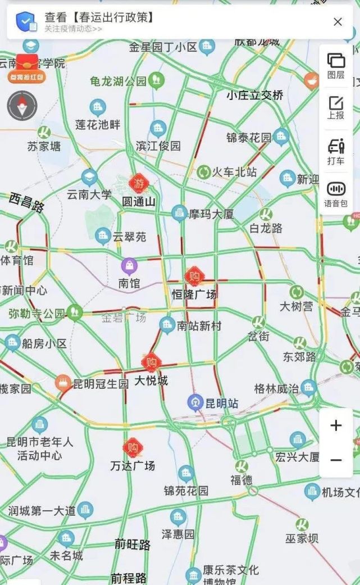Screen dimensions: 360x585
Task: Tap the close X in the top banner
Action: (338, 22)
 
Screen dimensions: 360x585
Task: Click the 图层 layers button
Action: (336, 65)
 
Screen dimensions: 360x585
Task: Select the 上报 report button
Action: (336, 107)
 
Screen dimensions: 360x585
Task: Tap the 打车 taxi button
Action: (336, 151)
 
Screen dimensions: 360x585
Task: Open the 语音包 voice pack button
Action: (336, 193)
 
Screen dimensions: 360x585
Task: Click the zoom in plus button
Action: (336, 425)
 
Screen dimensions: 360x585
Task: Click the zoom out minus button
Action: (336, 460)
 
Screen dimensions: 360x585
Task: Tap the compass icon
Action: (22, 105)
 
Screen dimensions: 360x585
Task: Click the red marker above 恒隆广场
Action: (194, 276)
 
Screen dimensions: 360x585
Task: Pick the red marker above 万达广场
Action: (133, 448)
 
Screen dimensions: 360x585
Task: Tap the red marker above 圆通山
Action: (138, 183)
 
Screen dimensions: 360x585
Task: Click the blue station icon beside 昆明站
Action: (195, 402)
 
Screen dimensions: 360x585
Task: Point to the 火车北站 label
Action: (234, 172)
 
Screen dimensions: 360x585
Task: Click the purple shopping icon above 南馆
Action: (130, 266)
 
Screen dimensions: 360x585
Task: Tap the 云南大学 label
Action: (89, 194)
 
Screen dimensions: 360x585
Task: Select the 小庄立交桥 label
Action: (254, 96)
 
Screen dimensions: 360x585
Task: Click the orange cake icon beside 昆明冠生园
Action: (63, 384)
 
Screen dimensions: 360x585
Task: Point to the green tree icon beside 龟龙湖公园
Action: (157, 80)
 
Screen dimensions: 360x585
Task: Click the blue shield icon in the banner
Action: (26, 22)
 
